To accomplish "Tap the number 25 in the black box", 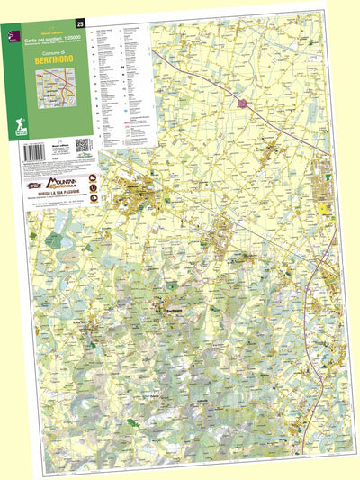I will [x=81, y=23].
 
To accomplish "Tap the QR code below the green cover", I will [x=80, y=144].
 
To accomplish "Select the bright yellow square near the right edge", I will [x=322, y=210].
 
